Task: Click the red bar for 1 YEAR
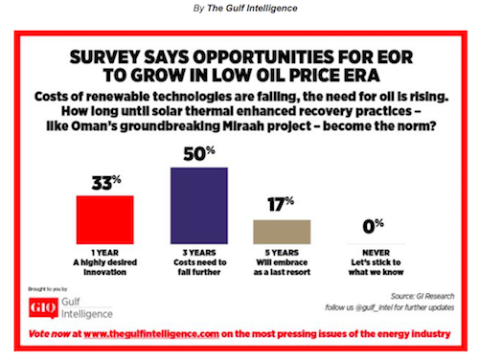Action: (x=104, y=220)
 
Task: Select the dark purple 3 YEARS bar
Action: (x=199, y=206)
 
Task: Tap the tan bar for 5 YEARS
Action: (x=282, y=232)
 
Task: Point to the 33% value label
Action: (x=106, y=183)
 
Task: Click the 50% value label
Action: (x=199, y=154)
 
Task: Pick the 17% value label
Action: (x=281, y=204)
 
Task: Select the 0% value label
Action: (x=373, y=226)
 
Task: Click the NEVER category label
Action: (x=376, y=253)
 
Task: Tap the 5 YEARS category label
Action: (x=282, y=253)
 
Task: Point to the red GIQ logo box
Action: (x=43, y=308)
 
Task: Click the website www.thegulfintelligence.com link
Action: (x=151, y=334)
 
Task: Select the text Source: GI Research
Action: (x=422, y=296)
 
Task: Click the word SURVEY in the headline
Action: (x=104, y=57)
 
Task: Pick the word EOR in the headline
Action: (x=395, y=57)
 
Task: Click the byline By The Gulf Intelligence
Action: (x=245, y=9)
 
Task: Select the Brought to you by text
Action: (x=48, y=289)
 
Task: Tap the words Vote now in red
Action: (x=50, y=334)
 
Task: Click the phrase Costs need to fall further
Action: (x=199, y=267)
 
